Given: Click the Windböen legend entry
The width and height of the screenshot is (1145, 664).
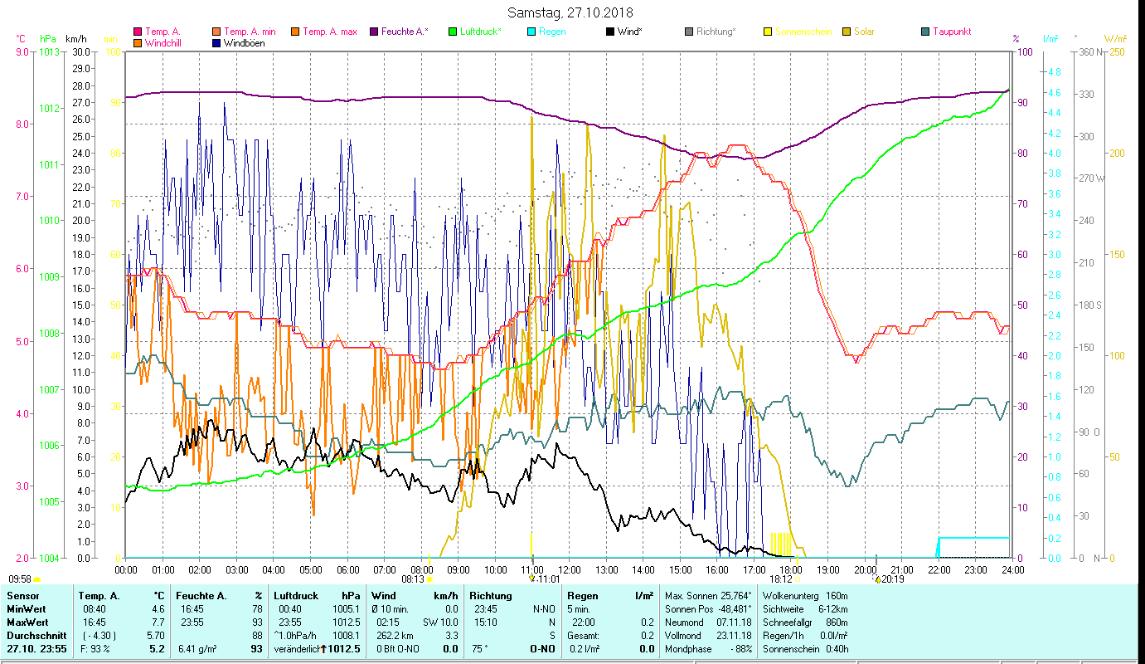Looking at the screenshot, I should [x=244, y=43].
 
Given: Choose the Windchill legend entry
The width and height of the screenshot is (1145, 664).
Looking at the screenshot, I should [x=166, y=43].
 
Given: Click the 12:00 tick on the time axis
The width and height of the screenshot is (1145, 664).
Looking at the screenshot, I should [x=569, y=570].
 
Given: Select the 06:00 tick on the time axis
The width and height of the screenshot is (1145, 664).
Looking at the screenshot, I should [x=347, y=570].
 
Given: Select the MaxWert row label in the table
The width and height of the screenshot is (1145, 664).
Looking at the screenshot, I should [x=27, y=622].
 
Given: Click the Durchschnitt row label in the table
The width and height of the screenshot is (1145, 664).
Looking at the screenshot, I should [x=35, y=635].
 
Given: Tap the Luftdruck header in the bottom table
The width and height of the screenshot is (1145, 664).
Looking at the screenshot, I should [x=296, y=595].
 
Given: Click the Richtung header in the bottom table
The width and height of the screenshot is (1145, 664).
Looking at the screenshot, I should [x=491, y=595].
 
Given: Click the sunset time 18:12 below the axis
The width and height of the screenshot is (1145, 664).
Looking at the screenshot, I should [x=781, y=579].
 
